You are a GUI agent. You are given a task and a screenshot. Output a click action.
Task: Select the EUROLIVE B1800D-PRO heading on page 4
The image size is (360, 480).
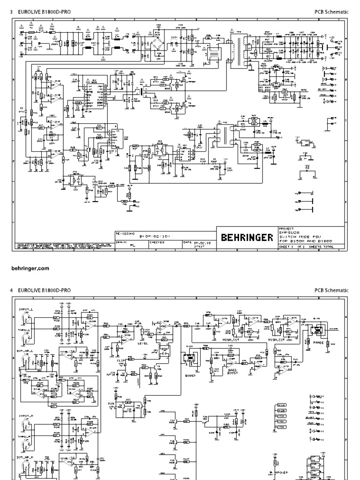click(x=45, y=291)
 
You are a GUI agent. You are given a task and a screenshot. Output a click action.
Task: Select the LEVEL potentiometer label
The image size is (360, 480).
click(x=143, y=343)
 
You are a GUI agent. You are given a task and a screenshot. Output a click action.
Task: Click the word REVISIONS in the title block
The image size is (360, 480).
click(x=125, y=232)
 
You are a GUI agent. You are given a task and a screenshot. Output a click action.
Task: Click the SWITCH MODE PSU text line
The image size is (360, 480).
click(x=292, y=237)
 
